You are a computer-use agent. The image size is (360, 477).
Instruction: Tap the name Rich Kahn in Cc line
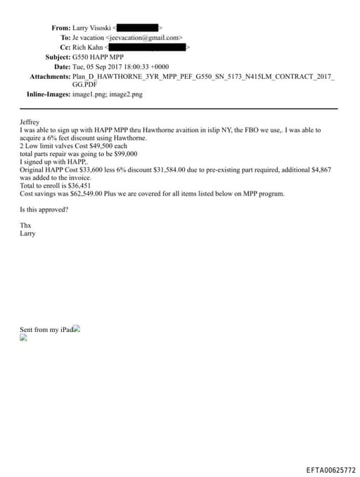87,47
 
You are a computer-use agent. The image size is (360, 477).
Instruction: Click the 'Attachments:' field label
49,76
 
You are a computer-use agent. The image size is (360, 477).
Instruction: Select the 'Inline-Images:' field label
42,94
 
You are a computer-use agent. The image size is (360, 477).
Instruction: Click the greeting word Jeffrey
30,122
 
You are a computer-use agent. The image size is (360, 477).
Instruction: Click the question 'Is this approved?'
44,210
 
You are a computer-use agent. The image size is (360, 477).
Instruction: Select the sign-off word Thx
26,226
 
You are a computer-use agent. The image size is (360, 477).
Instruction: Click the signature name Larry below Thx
27,234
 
